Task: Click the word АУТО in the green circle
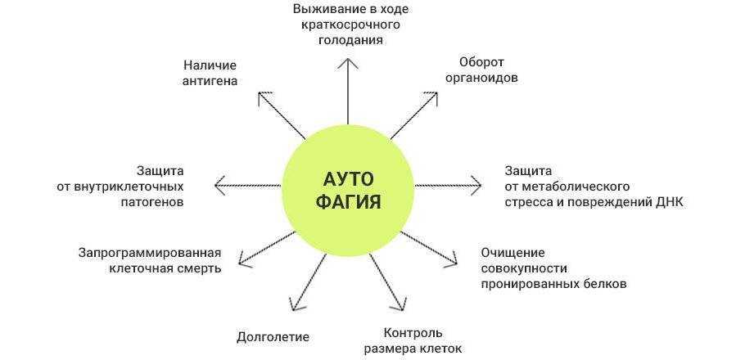[x=348, y=179]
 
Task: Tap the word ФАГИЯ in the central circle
[x=348, y=203]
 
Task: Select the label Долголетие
[x=273, y=337]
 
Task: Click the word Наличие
[x=210, y=65]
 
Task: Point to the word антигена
[x=210, y=81]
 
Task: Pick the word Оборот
[x=481, y=61]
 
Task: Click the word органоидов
[x=481, y=78]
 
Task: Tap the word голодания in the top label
[x=350, y=40]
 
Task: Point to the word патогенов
[x=152, y=202]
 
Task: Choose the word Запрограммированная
[x=150, y=253]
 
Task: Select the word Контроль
[x=413, y=333]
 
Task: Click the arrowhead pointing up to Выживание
[x=347, y=63]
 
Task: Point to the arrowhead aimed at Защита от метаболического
[x=476, y=186]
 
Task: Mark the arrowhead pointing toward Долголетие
[x=294, y=304]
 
